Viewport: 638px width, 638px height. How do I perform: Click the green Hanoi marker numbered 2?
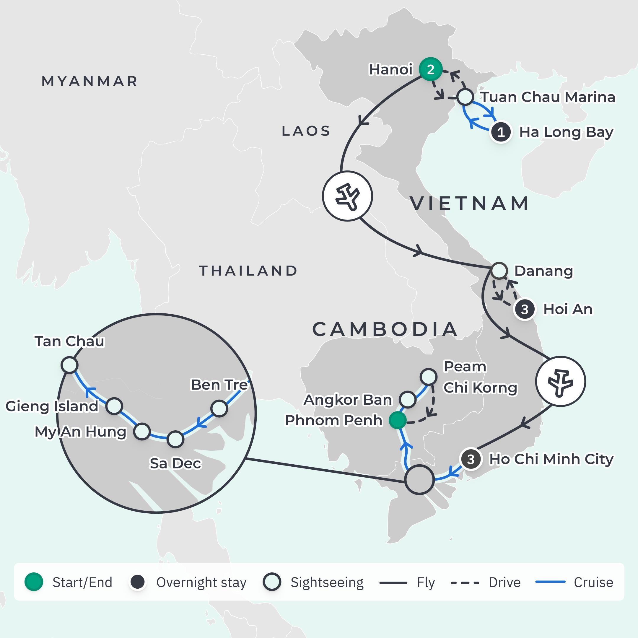click(x=430, y=69)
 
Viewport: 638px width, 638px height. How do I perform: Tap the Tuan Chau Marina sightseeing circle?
click(x=465, y=97)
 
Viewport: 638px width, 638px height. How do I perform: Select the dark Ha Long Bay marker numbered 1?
click(x=501, y=132)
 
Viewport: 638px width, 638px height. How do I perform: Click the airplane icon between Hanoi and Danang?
click(x=347, y=196)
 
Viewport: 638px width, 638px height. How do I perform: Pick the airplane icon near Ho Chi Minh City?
click(x=560, y=381)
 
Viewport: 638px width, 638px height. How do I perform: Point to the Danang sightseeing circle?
click(x=499, y=271)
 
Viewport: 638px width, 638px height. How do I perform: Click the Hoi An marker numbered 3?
click(x=524, y=310)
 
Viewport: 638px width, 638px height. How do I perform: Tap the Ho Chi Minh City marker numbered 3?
click(x=471, y=459)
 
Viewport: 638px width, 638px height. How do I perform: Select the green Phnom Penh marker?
click(x=397, y=420)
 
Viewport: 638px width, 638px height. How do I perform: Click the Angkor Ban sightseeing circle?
click(x=408, y=400)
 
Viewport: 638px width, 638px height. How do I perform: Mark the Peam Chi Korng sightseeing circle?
click(x=428, y=377)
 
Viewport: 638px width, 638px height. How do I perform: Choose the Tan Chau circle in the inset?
click(x=69, y=365)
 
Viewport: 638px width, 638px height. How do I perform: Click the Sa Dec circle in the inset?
click(x=175, y=439)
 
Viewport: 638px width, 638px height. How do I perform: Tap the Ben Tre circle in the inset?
click(x=219, y=409)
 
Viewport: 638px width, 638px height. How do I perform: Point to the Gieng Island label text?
click(x=52, y=406)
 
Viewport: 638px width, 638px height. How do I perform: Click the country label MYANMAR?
click(x=89, y=81)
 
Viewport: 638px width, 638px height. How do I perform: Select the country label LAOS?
click(x=306, y=131)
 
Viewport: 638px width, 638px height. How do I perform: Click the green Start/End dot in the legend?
click(x=34, y=582)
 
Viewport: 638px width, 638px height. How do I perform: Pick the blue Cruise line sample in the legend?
click(x=550, y=582)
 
